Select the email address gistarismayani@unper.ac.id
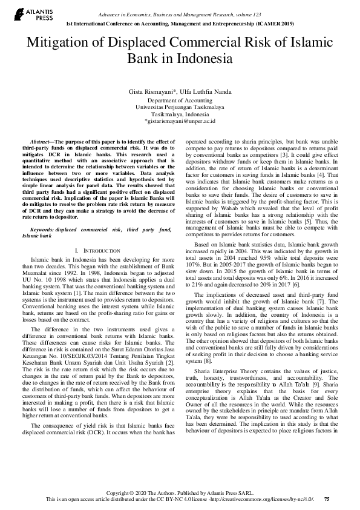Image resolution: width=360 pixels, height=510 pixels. (x=180, y=121)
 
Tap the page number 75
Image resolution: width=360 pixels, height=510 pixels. (x=327, y=498)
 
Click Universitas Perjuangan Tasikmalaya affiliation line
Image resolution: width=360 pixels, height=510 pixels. (x=180, y=107)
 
